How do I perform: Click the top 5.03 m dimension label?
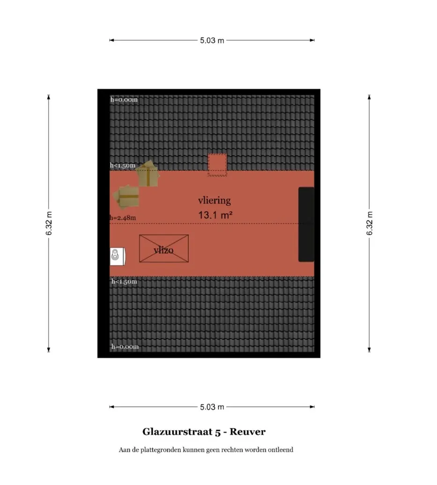[x=212, y=41]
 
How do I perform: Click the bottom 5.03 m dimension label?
[x=212, y=407]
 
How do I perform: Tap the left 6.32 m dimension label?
[x=49, y=223]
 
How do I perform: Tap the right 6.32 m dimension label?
[x=370, y=223]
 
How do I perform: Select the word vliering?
[x=215, y=201]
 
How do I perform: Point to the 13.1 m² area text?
[x=215, y=215]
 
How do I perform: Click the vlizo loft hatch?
[x=164, y=248]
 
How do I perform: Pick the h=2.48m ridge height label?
[x=123, y=218]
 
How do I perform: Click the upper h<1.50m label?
[x=123, y=166]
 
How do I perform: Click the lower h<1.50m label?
[x=124, y=282]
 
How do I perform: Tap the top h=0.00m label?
[x=124, y=100]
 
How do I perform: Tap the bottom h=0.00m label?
[x=125, y=347]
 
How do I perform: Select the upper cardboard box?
[x=148, y=174]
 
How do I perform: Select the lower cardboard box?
[x=126, y=197]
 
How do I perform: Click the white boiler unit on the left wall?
[x=118, y=256]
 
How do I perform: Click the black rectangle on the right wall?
[x=306, y=224]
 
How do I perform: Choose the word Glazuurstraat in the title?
[x=178, y=432]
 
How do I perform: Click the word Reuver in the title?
[x=247, y=432]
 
